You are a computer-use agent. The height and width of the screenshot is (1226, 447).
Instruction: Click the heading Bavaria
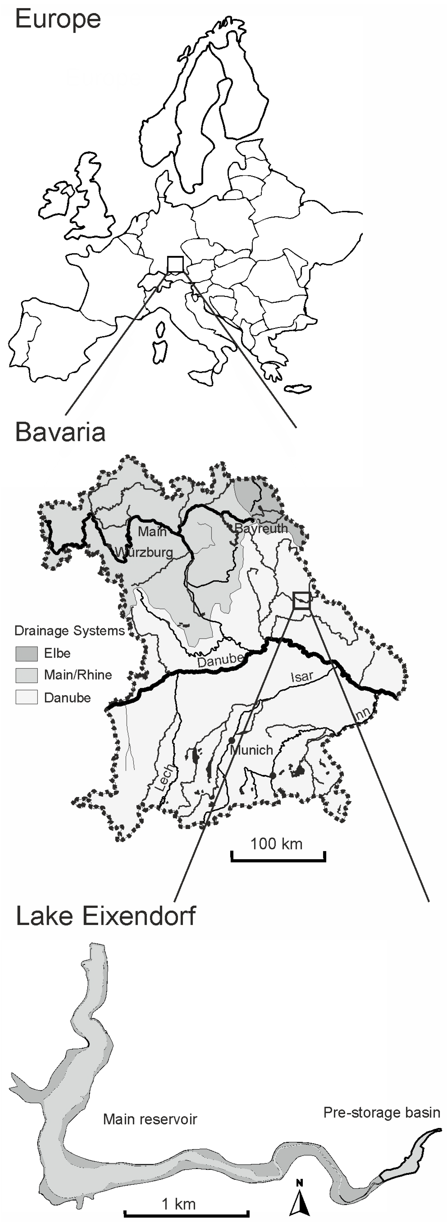point(60,432)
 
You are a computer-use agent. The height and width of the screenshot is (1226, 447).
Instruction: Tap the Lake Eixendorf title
point(106,916)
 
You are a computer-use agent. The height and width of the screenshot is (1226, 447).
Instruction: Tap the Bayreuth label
point(261,528)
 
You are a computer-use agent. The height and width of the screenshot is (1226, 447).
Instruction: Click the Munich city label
point(251,750)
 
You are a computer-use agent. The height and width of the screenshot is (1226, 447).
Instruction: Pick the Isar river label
point(302,676)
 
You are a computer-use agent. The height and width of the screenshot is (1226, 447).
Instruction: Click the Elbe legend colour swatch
point(27,653)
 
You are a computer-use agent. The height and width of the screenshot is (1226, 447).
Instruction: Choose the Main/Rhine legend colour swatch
point(27,675)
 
